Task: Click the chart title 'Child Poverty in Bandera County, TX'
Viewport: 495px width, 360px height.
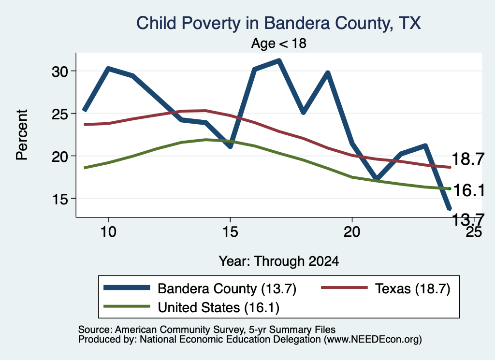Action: point(278,23)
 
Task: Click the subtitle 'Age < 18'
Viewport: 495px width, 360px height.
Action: point(279,43)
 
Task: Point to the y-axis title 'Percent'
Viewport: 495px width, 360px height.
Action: point(22,135)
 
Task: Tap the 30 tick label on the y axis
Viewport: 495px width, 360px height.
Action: point(59,72)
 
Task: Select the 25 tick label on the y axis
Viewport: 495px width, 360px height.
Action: point(59,114)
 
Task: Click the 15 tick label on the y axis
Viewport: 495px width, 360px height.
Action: point(59,199)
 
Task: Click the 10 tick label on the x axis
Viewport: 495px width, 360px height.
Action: point(108,232)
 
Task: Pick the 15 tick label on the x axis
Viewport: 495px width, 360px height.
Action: point(230,232)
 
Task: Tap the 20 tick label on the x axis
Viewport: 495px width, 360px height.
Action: point(352,232)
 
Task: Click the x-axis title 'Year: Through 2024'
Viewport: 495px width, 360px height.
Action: point(279,261)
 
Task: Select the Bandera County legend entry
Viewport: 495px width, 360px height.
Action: point(200,288)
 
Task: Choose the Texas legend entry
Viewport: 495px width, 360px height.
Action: point(385,288)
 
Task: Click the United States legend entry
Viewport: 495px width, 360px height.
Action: point(191,307)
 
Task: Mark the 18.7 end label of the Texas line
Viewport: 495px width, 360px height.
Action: point(468,158)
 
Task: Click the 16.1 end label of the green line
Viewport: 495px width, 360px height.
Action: point(469,190)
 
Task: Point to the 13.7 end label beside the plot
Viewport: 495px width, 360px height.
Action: point(468,219)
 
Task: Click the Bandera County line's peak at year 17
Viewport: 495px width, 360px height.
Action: point(279,60)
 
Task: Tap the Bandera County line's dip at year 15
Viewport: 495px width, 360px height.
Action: point(230,146)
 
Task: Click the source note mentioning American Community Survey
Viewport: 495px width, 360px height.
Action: point(207,330)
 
